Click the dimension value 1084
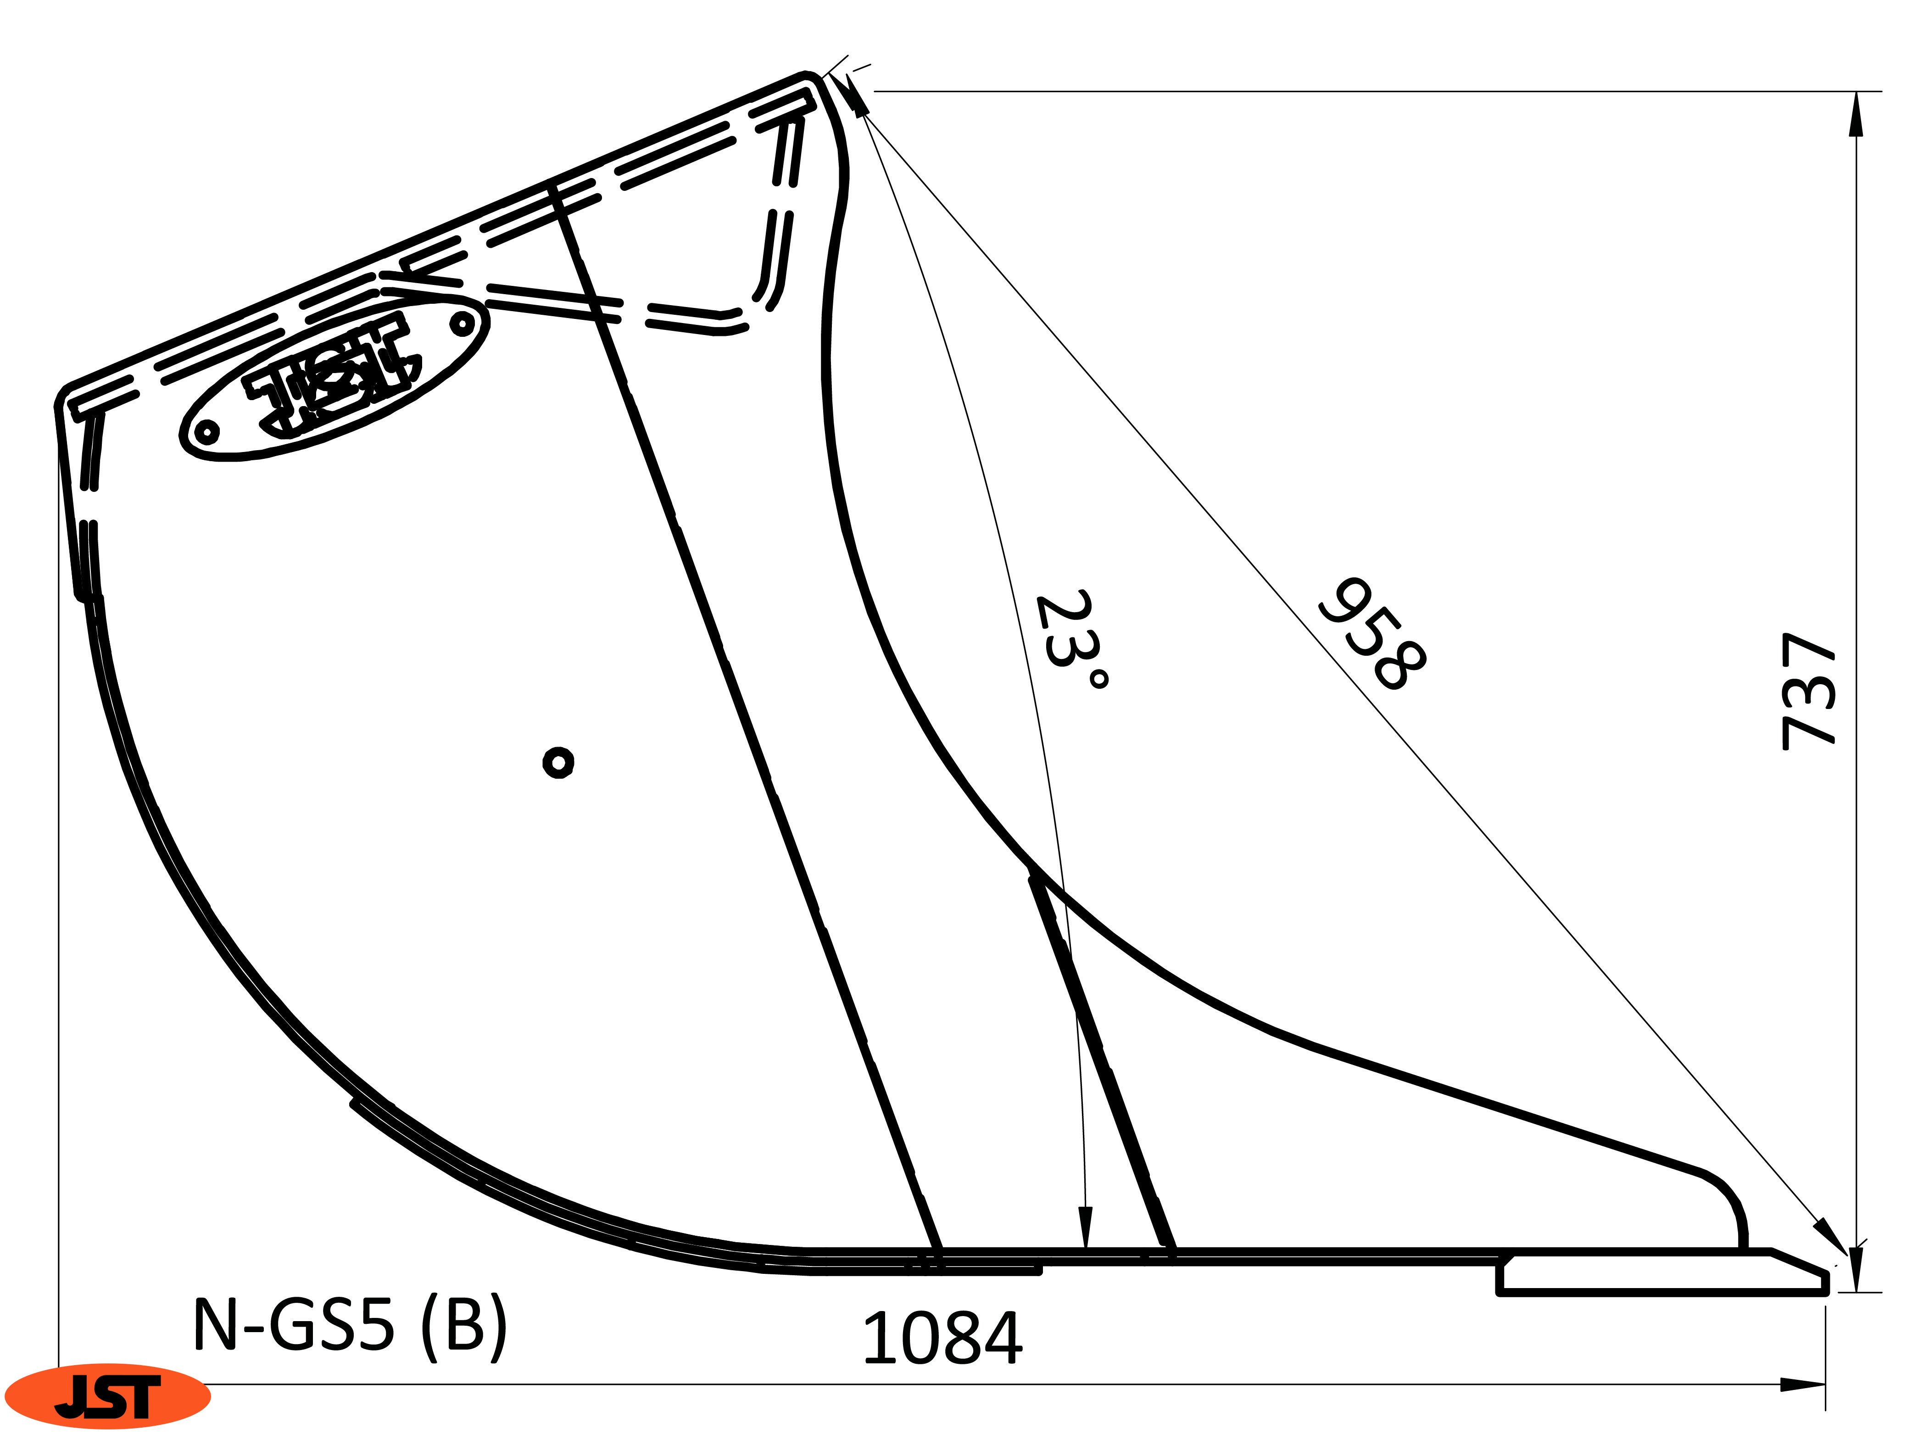pos(942,1338)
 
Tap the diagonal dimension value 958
pos(1372,635)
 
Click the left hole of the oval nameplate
pos(207,431)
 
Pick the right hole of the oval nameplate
pos(463,325)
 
